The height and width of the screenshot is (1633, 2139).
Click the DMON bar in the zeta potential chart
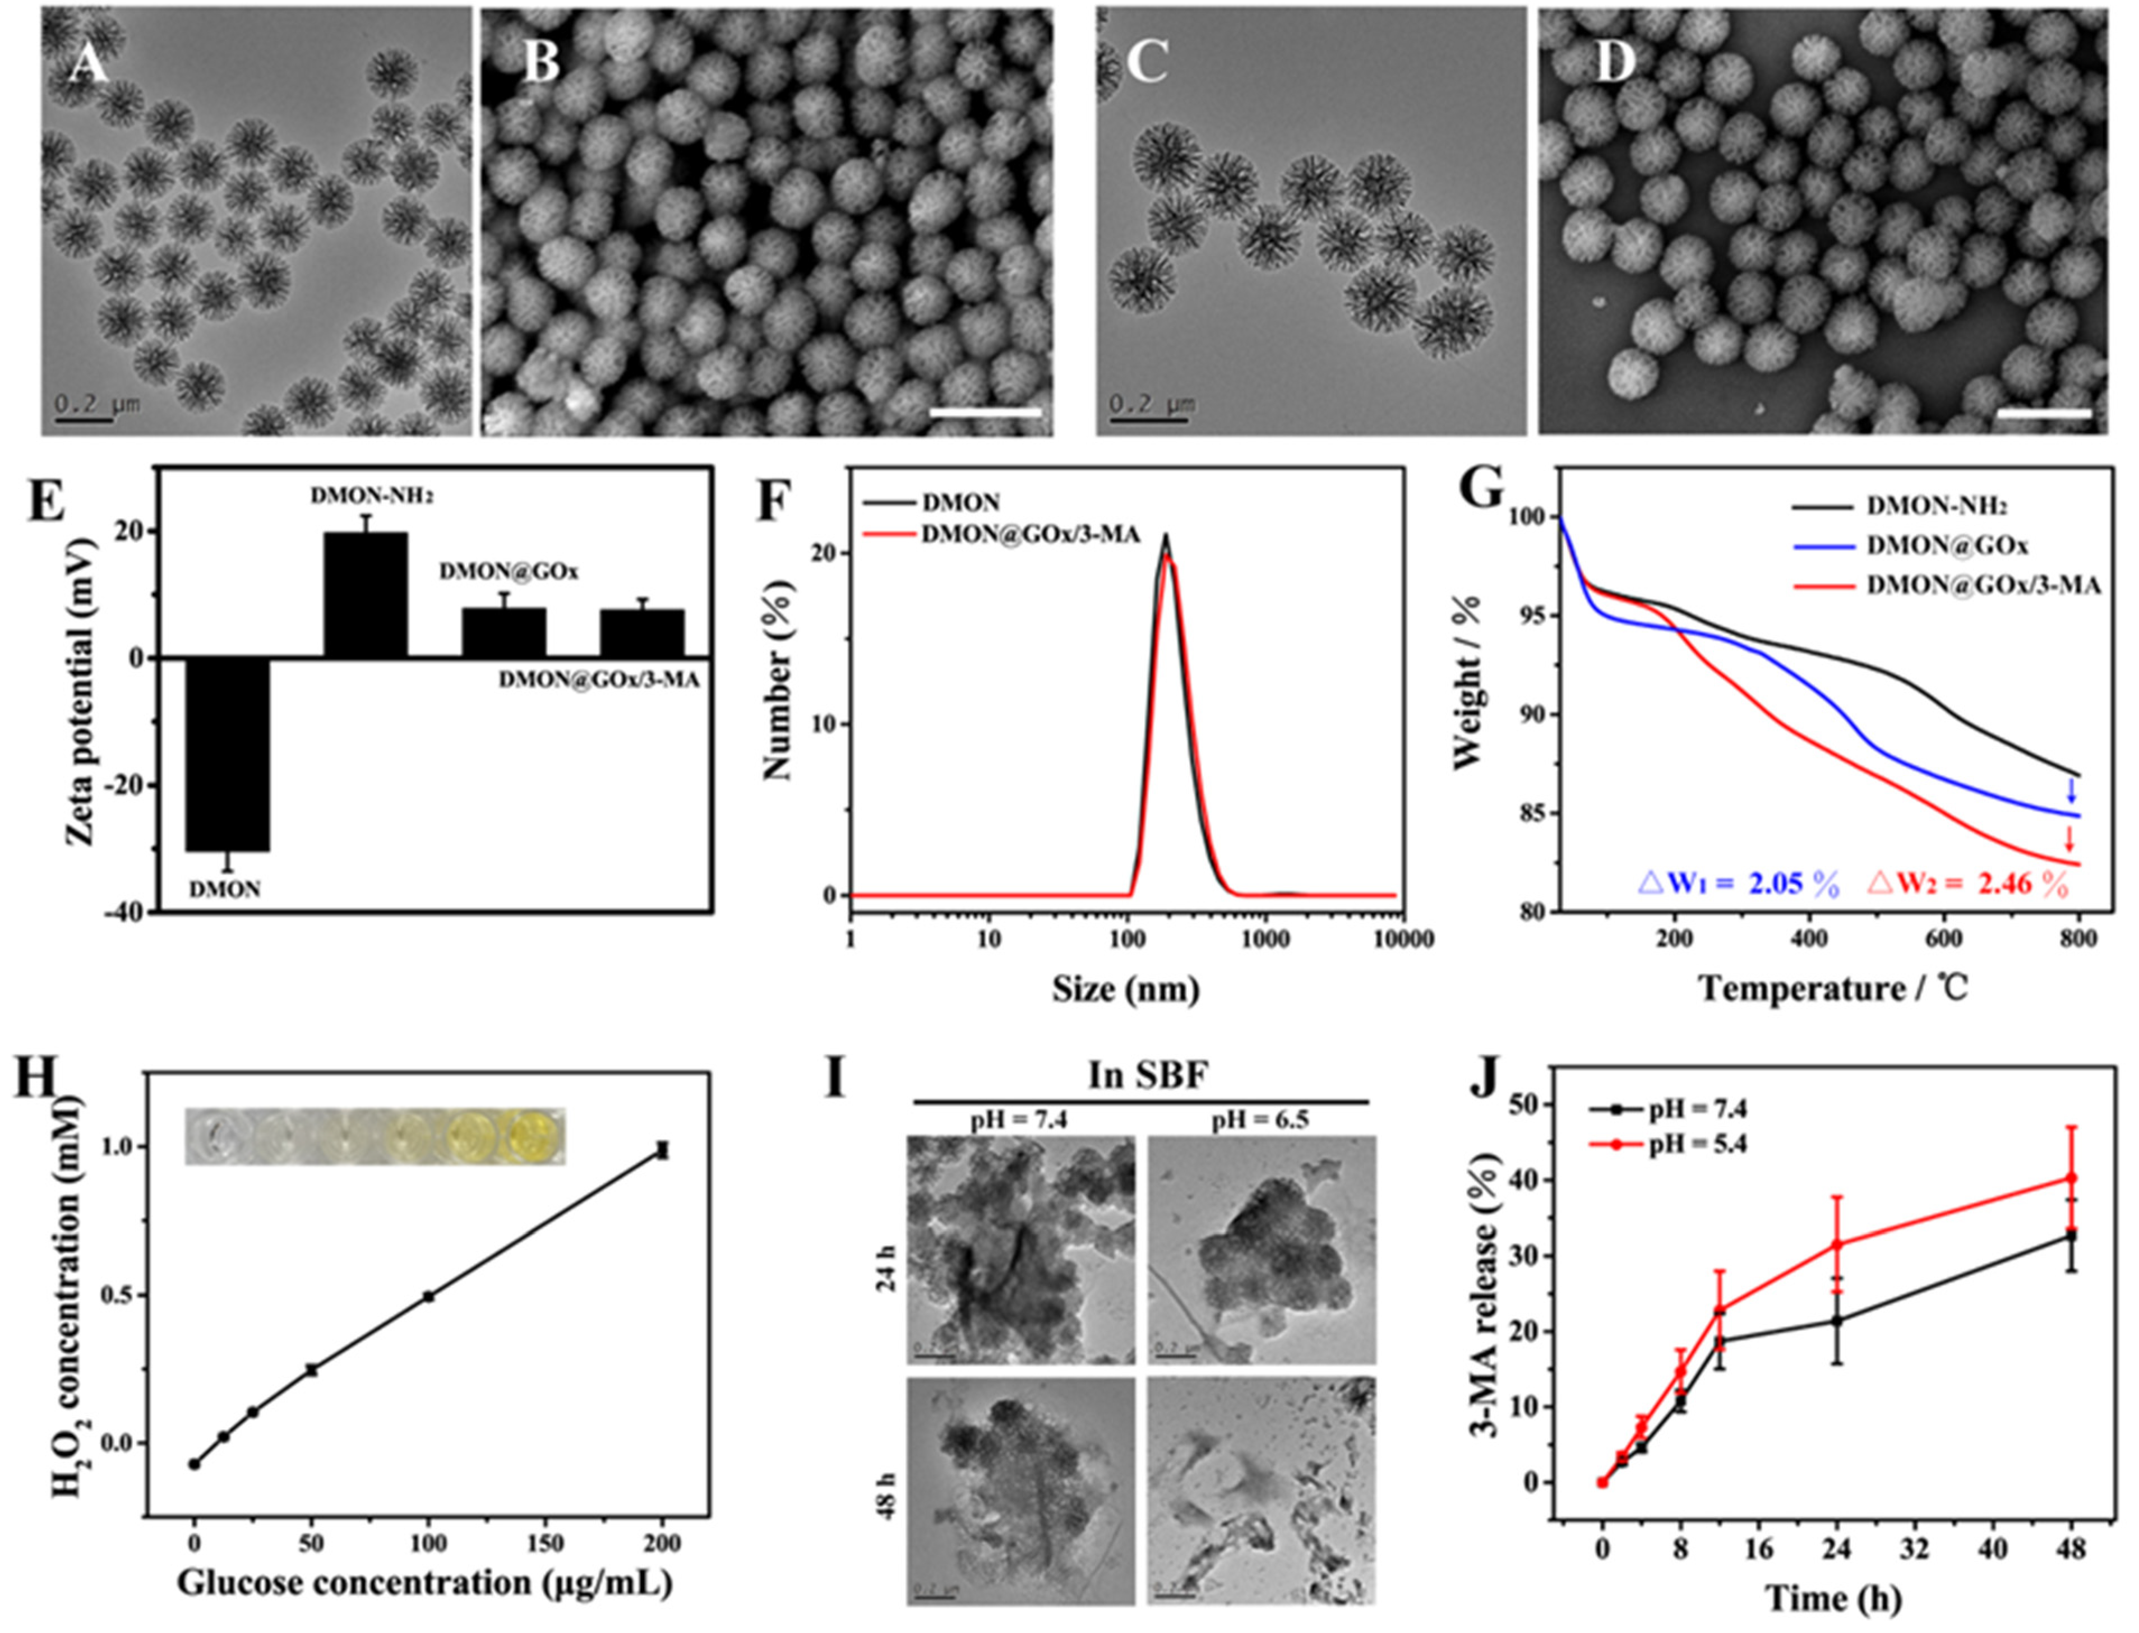coord(228,753)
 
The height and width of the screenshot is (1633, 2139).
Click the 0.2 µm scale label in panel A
coord(96,403)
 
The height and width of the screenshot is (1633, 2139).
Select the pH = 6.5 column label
coord(1260,1119)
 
